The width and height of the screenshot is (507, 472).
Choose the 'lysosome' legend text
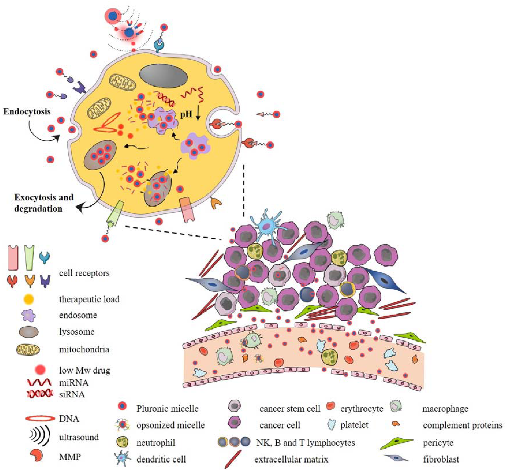point(76,332)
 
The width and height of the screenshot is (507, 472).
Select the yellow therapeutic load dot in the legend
point(28,299)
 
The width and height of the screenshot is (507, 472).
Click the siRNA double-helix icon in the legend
point(40,394)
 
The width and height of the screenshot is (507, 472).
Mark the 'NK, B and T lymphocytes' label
point(305,443)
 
